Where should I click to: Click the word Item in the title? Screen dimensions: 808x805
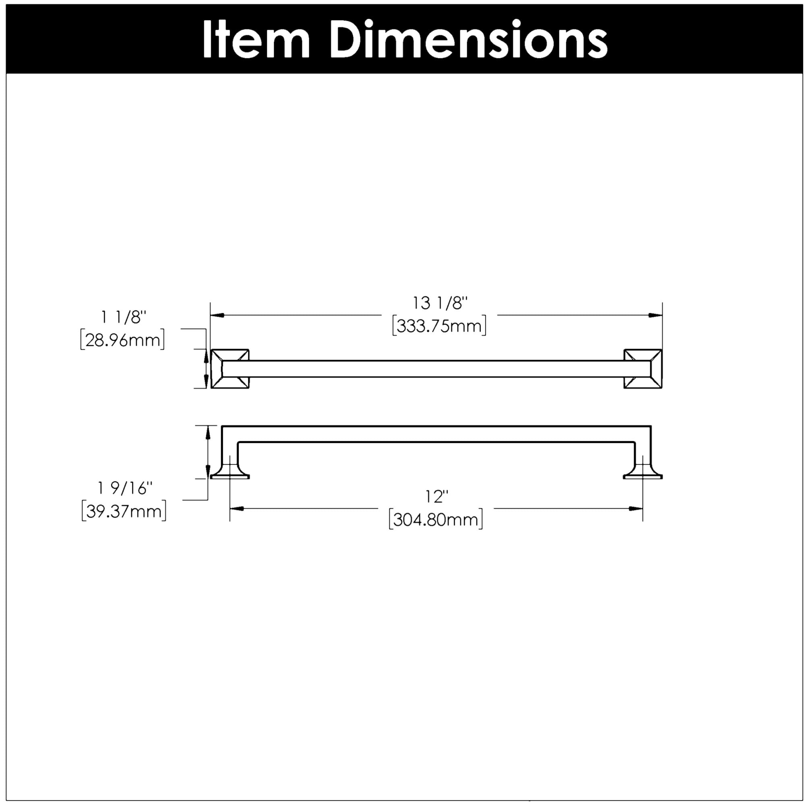click(256, 39)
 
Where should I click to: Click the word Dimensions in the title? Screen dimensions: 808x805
click(468, 39)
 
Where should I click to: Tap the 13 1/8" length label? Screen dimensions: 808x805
click(440, 303)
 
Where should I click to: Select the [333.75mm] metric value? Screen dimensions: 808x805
click(439, 326)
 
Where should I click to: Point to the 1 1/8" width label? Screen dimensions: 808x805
click(124, 318)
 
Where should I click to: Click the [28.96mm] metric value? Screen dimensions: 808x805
click(122, 340)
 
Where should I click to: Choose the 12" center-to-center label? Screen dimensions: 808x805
click(437, 497)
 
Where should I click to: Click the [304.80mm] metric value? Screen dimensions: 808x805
click(436, 520)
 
